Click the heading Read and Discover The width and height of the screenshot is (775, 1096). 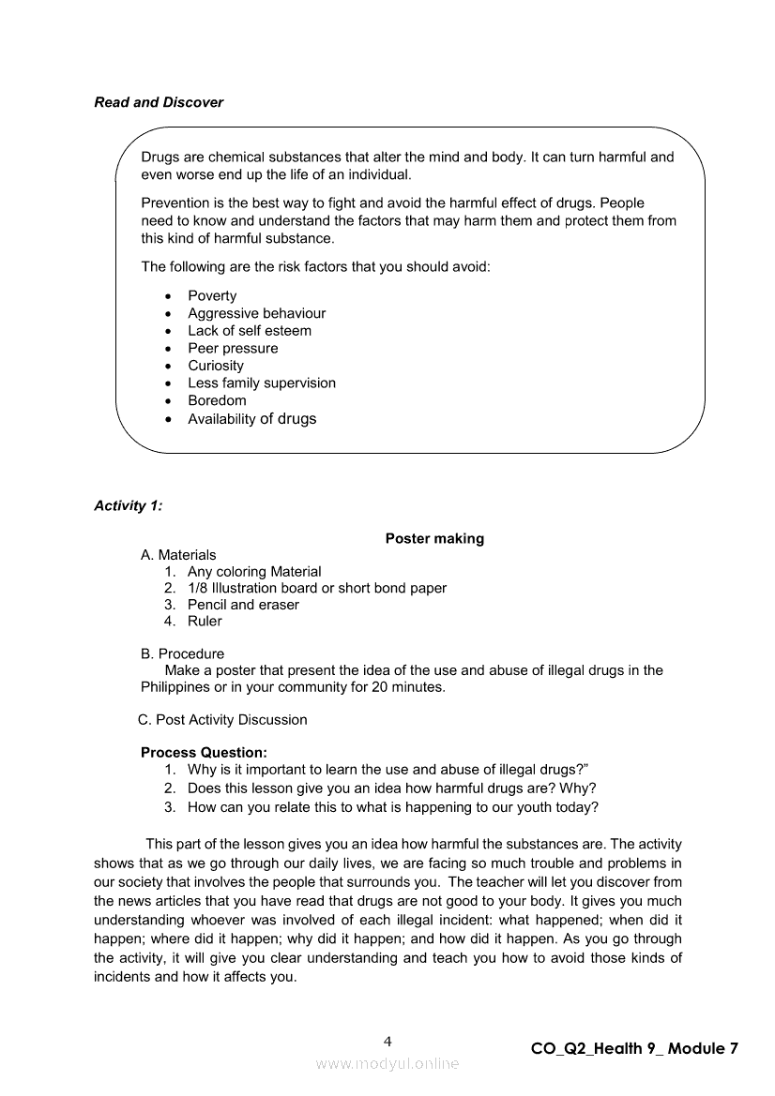coord(159,102)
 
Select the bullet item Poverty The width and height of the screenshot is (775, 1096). coord(212,295)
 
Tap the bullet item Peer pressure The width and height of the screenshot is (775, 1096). coord(233,348)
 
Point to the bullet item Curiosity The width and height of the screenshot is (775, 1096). coord(216,366)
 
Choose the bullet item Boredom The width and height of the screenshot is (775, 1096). coord(217,400)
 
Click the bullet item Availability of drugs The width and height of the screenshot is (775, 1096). coord(251,419)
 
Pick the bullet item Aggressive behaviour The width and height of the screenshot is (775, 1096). coord(256,313)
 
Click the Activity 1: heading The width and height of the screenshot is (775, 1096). coord(128,505)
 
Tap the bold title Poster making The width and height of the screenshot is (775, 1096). coord(434,538)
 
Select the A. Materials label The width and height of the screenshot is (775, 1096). coord(178,555)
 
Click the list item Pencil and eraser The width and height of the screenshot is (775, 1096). coord(243,605)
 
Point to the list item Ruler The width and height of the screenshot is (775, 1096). coord(205,621)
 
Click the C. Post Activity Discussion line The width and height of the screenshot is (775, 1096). coord(222,720)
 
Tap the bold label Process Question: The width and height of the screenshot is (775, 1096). coord(204,752)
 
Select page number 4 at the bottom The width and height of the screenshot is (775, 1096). coord(387,1042)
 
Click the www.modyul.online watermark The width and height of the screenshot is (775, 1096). coord(387,1063)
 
